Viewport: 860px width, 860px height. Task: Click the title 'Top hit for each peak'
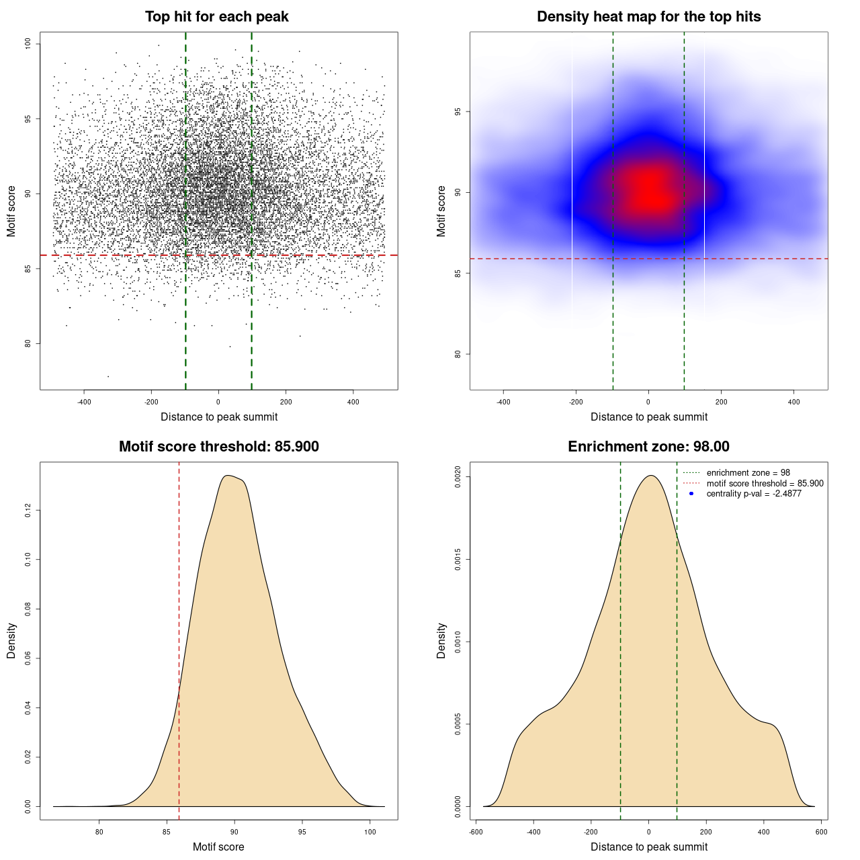point(217,17)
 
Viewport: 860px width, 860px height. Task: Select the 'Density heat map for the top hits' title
point(648,17)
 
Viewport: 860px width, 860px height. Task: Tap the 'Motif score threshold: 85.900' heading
point(218,447)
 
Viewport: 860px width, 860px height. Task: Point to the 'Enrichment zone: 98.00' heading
point(648,447)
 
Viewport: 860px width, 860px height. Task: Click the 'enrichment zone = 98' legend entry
point(748,473)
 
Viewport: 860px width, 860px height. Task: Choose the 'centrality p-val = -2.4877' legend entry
point(754,494)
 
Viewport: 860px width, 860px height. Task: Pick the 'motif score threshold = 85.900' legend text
point(765,484)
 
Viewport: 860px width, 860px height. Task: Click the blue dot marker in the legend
point(691,494)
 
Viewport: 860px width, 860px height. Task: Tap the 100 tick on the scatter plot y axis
point(28,44)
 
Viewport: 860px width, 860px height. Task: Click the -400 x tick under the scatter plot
point(84,402)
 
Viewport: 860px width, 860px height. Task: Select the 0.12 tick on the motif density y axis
point(28,511)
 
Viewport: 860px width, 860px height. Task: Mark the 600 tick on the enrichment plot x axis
point(821,832)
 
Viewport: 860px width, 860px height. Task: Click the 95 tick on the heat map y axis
point(458,112)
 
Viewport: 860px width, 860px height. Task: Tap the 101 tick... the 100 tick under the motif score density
point(370,832)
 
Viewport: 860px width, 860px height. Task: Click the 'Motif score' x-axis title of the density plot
point(218,847)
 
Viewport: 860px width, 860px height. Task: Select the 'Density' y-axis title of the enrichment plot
point(441,640)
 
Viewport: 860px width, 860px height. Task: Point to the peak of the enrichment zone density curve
point(650,476)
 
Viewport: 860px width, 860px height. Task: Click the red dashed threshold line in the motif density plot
point(179,638)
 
